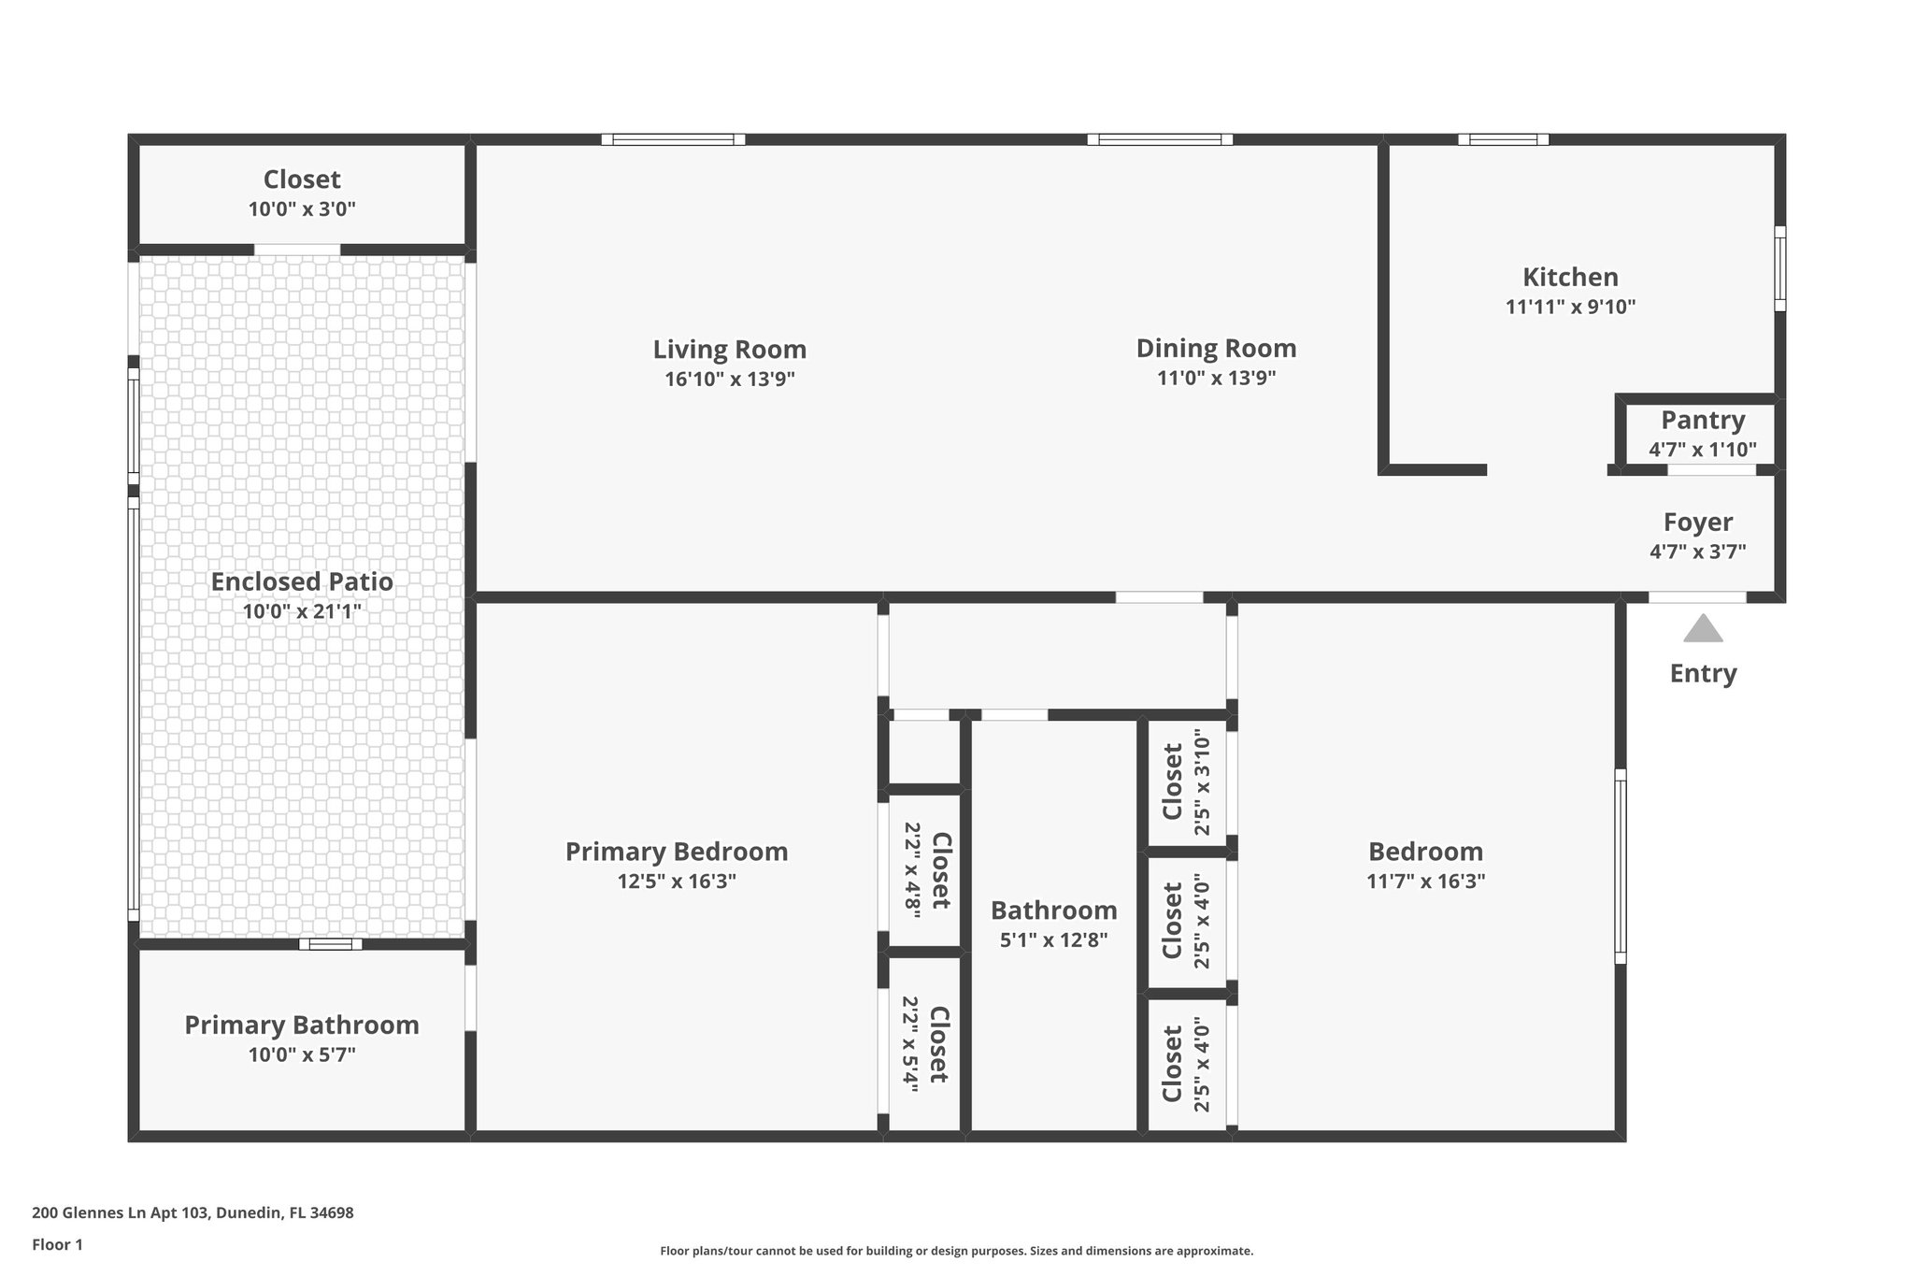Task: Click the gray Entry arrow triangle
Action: [x=1703, y=630]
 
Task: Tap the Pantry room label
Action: [x=1703, y=420]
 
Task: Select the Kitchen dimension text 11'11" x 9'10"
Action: [x=1570, y=307]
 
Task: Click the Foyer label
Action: [x=1698, y=522]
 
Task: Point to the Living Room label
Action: [x=729, y=350]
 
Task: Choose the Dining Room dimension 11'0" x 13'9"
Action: [x=1216, y=378]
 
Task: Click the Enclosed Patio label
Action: [x=302, y=581]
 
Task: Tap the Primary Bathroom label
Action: [x=302, y=1025]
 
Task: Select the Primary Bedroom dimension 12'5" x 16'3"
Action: [x=677, y=881]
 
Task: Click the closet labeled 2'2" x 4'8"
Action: [x=926, y=870]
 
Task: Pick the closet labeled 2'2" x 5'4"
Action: [x=925, y=1044]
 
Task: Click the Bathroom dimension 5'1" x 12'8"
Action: [x=1053, y=939]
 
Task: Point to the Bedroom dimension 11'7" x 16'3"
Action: [x=1425, y=881]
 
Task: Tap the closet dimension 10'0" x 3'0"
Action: [x=302, y=208]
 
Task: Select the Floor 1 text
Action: [x=58, y=1244]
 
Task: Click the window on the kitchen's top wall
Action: [x=1503, y=140]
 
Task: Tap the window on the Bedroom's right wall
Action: [x=1620, y=866]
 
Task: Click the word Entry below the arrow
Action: [x=1703, y=673]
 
